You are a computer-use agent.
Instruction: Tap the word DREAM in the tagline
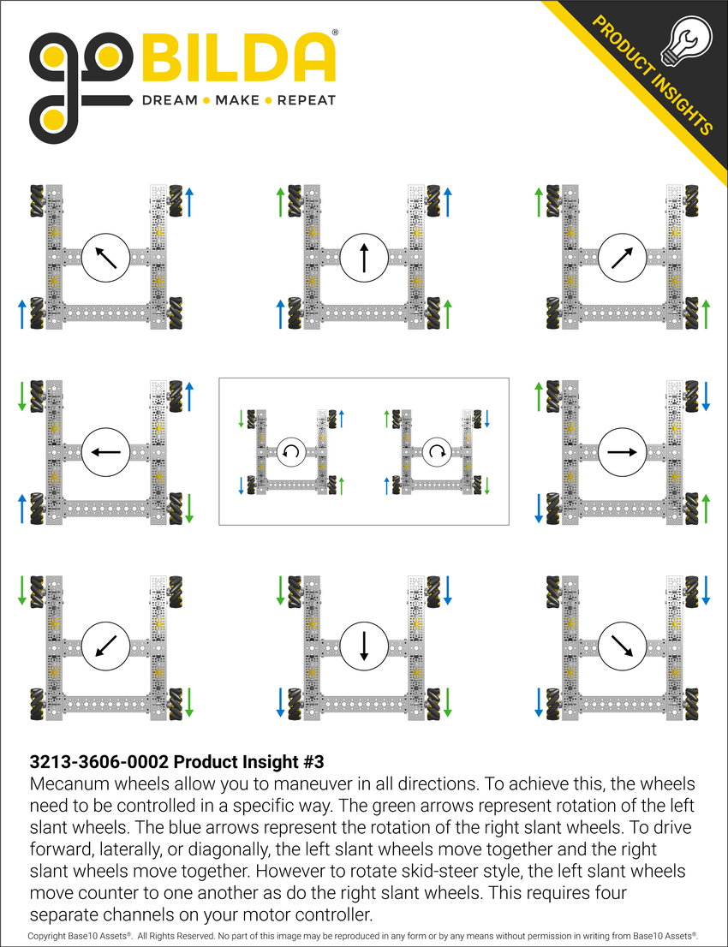tap(169, 100)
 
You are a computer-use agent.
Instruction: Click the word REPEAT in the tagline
tap(307, 100)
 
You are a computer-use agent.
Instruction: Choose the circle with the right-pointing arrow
tap(622, 451)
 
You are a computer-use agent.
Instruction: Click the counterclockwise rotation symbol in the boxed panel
tap(291, 451)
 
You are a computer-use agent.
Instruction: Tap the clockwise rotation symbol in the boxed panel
tap(437, 451)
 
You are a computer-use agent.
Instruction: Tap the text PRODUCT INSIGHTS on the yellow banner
tap(653, 75)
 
